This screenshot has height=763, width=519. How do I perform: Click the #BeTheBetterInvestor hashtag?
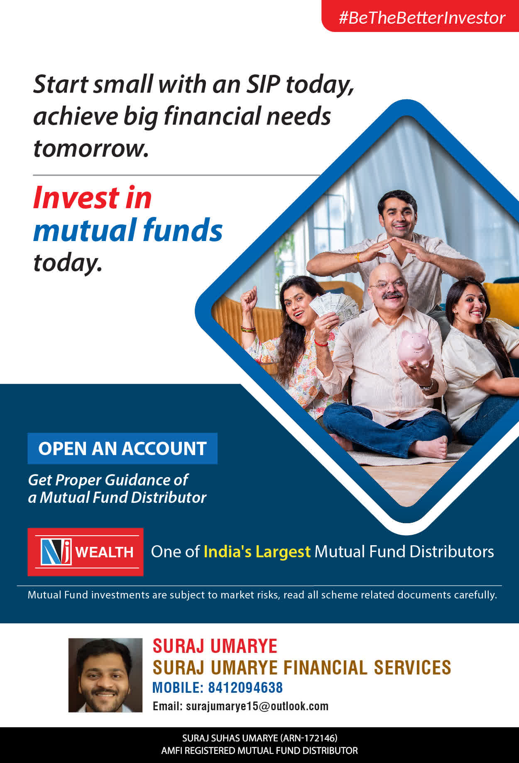click(x=422, y=18)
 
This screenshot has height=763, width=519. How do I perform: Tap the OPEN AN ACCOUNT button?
click(x=122, y=448)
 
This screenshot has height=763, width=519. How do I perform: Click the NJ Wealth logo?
click(x=86, y=552)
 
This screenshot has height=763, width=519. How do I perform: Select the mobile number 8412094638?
click(x=245, y=688)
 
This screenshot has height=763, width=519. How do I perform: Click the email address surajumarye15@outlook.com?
click(x=257, y=706)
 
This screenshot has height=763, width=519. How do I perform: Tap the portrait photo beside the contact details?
click(x=105, y=675)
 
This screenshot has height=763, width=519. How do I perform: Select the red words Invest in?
click(x=93, y=197)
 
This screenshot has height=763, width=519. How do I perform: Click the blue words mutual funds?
click(x=128, y=230)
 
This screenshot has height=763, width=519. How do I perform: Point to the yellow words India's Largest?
click(x=257, y=551)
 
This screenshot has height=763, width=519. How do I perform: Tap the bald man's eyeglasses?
click(x=389, y=284)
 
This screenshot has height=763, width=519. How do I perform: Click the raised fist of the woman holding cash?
click(x=249, y=297)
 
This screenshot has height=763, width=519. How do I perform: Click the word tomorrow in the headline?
click(x=91, y=148)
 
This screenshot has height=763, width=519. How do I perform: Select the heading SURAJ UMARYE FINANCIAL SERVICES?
click(x=302, y=667)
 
